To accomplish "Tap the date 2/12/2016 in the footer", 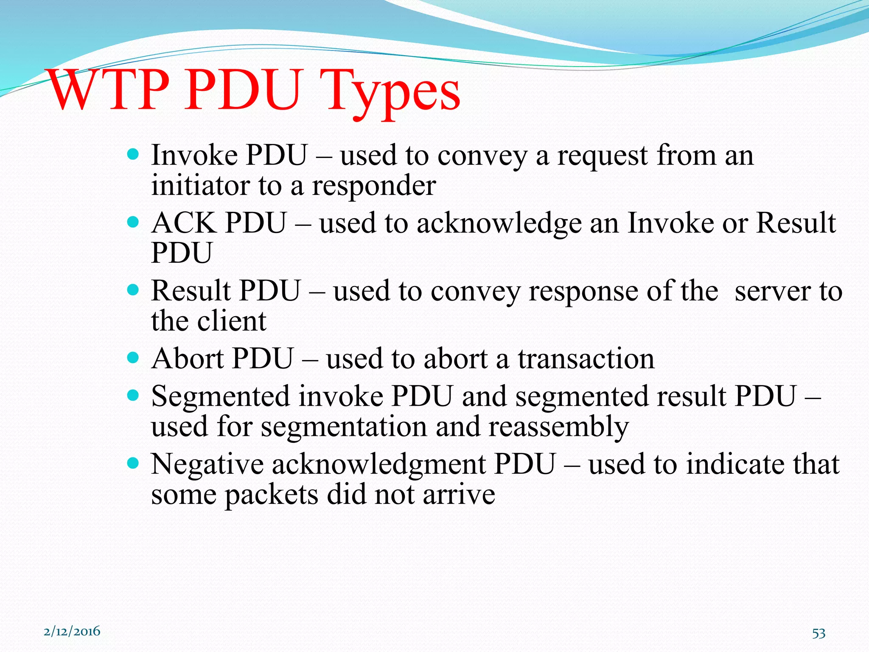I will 72,631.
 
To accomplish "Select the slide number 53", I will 819,633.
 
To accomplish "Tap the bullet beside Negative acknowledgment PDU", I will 133,463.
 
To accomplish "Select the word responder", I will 374,186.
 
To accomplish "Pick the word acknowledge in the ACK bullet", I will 499,224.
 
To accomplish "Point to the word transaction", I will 586,359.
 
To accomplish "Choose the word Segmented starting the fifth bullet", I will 220,397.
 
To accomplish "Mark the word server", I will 772,292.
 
